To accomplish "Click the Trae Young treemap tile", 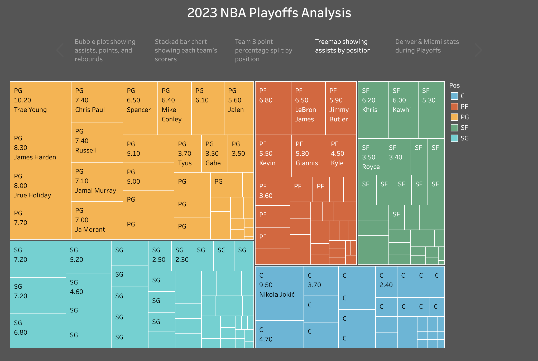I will (x=40, y=105).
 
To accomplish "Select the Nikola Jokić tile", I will (x=279, y=293).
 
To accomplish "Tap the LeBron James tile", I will (x=308, y=108).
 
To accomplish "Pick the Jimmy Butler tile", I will (x=341, y=108).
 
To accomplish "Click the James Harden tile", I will (x=40, y=148).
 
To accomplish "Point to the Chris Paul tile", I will (x=97, y=102).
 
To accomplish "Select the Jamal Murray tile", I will (x=97, y=182).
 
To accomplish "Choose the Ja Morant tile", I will (x=97, y=220).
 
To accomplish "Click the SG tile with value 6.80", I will (x=38, y=331).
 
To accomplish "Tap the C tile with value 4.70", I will (x=279, y=334).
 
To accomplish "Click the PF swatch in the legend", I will (x=454, y=107).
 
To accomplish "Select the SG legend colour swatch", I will (x=454, y=138).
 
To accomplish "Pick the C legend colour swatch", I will (x=454, y=96).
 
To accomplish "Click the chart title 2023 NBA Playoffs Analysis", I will (x=269, y=13).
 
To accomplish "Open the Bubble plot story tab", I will (x=105, y=50).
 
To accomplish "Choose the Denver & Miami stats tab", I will (x=427, y=46).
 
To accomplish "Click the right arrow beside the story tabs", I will (x=478, y=50).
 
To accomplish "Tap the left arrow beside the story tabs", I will (x=60, y=50).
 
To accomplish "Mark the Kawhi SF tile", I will (x=403, y=110).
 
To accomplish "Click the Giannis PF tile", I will (x=309, y=156).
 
